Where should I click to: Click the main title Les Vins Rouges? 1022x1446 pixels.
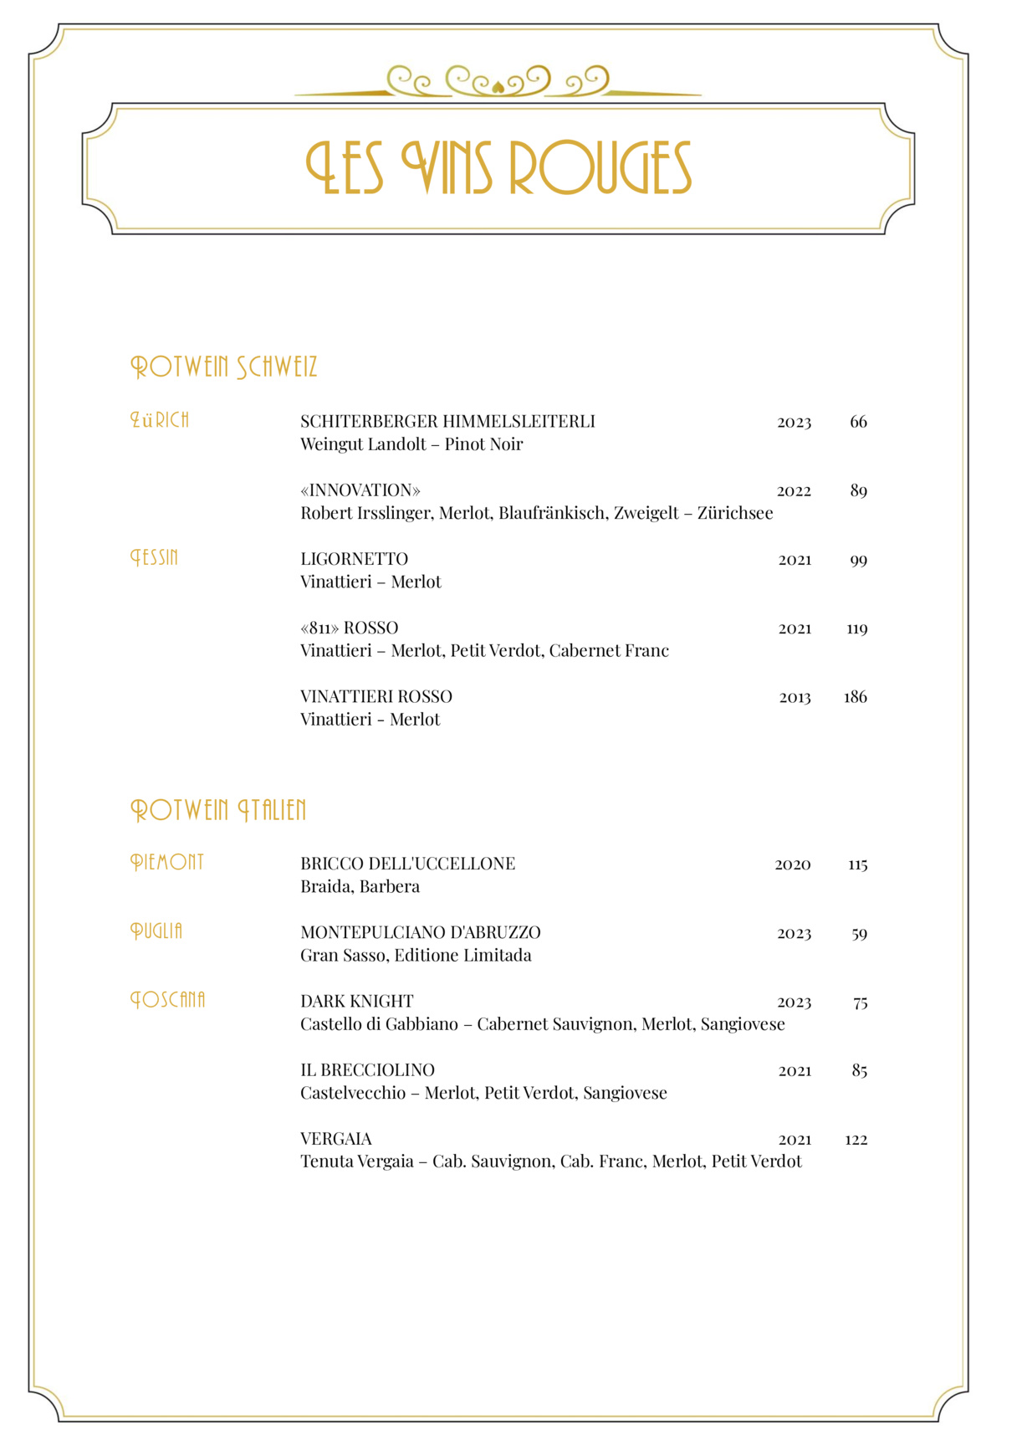(499, 168)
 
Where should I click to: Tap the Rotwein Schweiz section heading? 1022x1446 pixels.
(224, 367)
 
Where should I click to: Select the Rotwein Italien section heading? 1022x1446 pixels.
(218, 810)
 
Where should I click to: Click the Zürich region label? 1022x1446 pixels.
(160, 420)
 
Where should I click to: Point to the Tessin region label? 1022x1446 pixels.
(155, 557)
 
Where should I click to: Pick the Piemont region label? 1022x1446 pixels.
(167, 862)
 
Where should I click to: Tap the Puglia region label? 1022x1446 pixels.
(156, 931)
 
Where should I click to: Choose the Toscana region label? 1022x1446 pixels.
(168, 1000)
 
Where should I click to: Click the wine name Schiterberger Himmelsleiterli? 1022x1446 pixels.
(447, 422)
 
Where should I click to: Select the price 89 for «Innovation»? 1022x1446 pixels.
(858, 491)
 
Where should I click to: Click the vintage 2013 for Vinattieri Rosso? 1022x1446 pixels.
(795, 698)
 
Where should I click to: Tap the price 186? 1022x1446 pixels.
(855, 697)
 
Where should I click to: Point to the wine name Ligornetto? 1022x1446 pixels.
(354, 559)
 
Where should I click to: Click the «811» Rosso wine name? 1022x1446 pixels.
(349, 628)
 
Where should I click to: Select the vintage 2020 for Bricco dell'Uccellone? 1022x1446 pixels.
(792, 864)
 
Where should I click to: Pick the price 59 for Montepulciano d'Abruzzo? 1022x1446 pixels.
(859, 934)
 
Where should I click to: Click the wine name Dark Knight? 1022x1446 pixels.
(356, 1002)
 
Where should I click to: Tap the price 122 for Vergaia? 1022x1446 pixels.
(856, 1140)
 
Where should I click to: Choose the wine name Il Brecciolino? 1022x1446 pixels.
(367, 1070)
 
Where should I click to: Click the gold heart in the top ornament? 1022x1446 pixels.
(498, 85)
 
